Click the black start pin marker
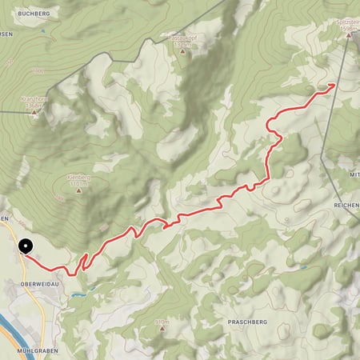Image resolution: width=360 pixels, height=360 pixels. click(x=26, y=247)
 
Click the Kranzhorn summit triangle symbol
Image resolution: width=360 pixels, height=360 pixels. click(x=34, y=113)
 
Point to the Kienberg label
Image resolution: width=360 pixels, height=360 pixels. click(x=78, y=178)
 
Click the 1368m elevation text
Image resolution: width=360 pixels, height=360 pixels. click(x=33, y=106)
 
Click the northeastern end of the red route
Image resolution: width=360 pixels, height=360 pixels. click(x=332, y=85)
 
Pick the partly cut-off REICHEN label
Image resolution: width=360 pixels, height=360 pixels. click(x=346, y=206)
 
